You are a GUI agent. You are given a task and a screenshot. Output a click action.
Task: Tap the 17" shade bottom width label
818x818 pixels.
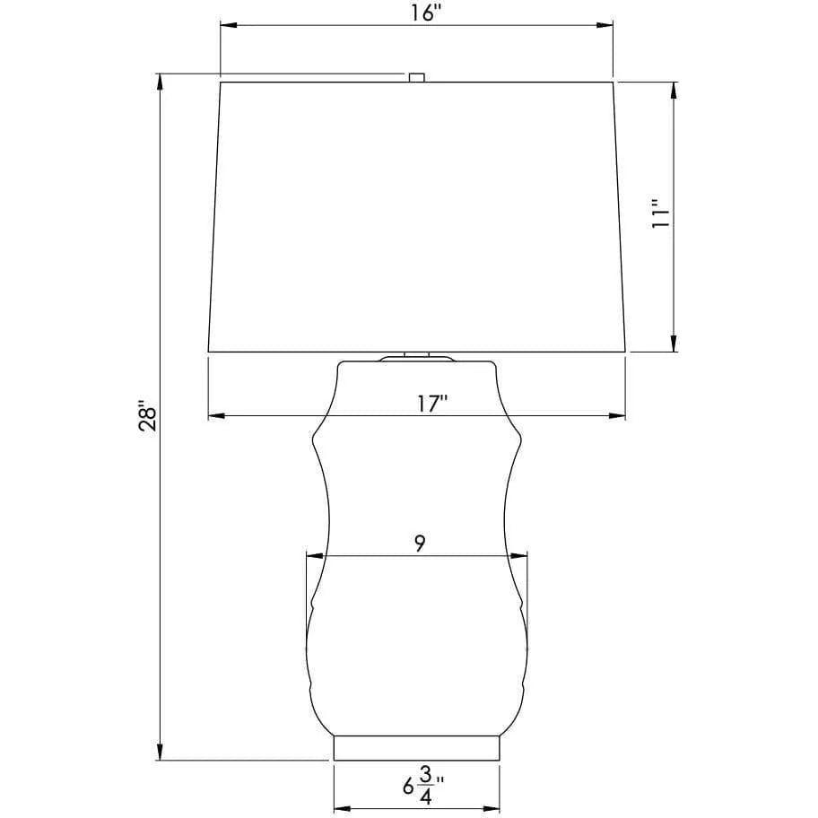coord(432,405)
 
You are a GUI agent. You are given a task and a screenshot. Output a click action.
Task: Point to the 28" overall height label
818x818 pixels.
coord(148,415)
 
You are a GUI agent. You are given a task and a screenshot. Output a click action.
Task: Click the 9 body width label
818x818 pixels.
coord(420,544)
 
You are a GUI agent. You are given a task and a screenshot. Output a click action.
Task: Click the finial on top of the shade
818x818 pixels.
coord(416,78)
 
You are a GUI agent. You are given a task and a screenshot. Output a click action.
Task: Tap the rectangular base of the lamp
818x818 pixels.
coord(416,748)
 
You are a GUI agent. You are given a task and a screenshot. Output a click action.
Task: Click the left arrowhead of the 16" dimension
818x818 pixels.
coord(229,25)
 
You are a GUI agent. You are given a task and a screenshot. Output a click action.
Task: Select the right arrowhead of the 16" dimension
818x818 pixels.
coord(605,25)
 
